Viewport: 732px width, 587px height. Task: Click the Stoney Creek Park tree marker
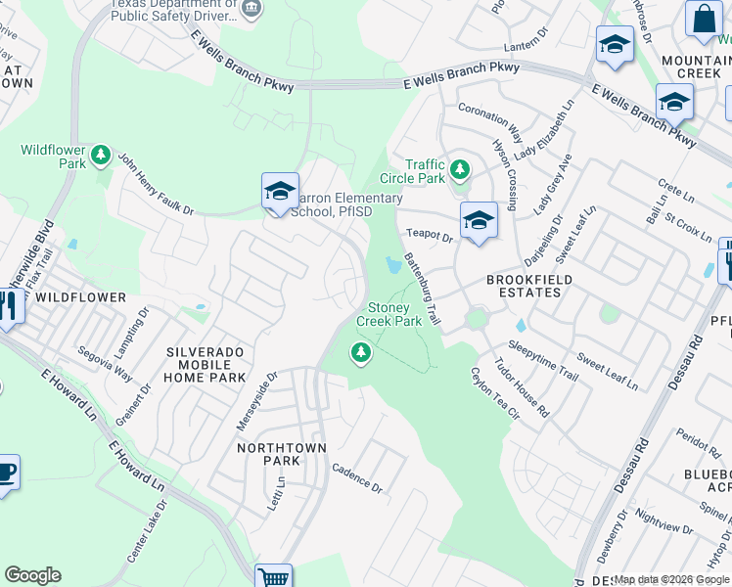362,352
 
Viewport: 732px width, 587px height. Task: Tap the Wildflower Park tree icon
100,156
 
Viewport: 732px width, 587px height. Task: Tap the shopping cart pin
274,576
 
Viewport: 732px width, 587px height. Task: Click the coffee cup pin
6,474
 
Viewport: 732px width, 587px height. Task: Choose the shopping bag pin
703,19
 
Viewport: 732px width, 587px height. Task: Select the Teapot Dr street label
430,236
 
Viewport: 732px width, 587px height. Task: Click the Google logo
32,575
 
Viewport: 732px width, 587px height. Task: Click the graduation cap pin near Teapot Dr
478,220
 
